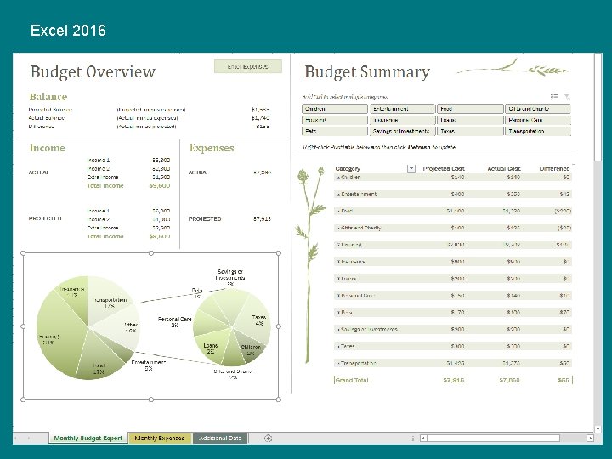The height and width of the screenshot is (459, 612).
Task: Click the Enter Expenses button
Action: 247,65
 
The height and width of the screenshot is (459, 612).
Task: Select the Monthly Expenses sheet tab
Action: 160,439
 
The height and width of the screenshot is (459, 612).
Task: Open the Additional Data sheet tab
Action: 221,439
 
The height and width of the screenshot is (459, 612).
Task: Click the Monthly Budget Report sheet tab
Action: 88,439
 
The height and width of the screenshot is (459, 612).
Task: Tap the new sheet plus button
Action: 268,439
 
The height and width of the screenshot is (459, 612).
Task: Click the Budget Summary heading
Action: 367,72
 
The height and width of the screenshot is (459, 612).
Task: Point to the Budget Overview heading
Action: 93,72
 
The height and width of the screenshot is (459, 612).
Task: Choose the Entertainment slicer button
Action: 402,109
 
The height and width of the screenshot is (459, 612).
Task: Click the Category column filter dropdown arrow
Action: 411,169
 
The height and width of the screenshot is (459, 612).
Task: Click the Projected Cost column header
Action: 443,169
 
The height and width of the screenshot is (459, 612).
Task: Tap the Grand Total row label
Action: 353,381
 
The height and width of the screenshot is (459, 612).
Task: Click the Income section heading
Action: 48,148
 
